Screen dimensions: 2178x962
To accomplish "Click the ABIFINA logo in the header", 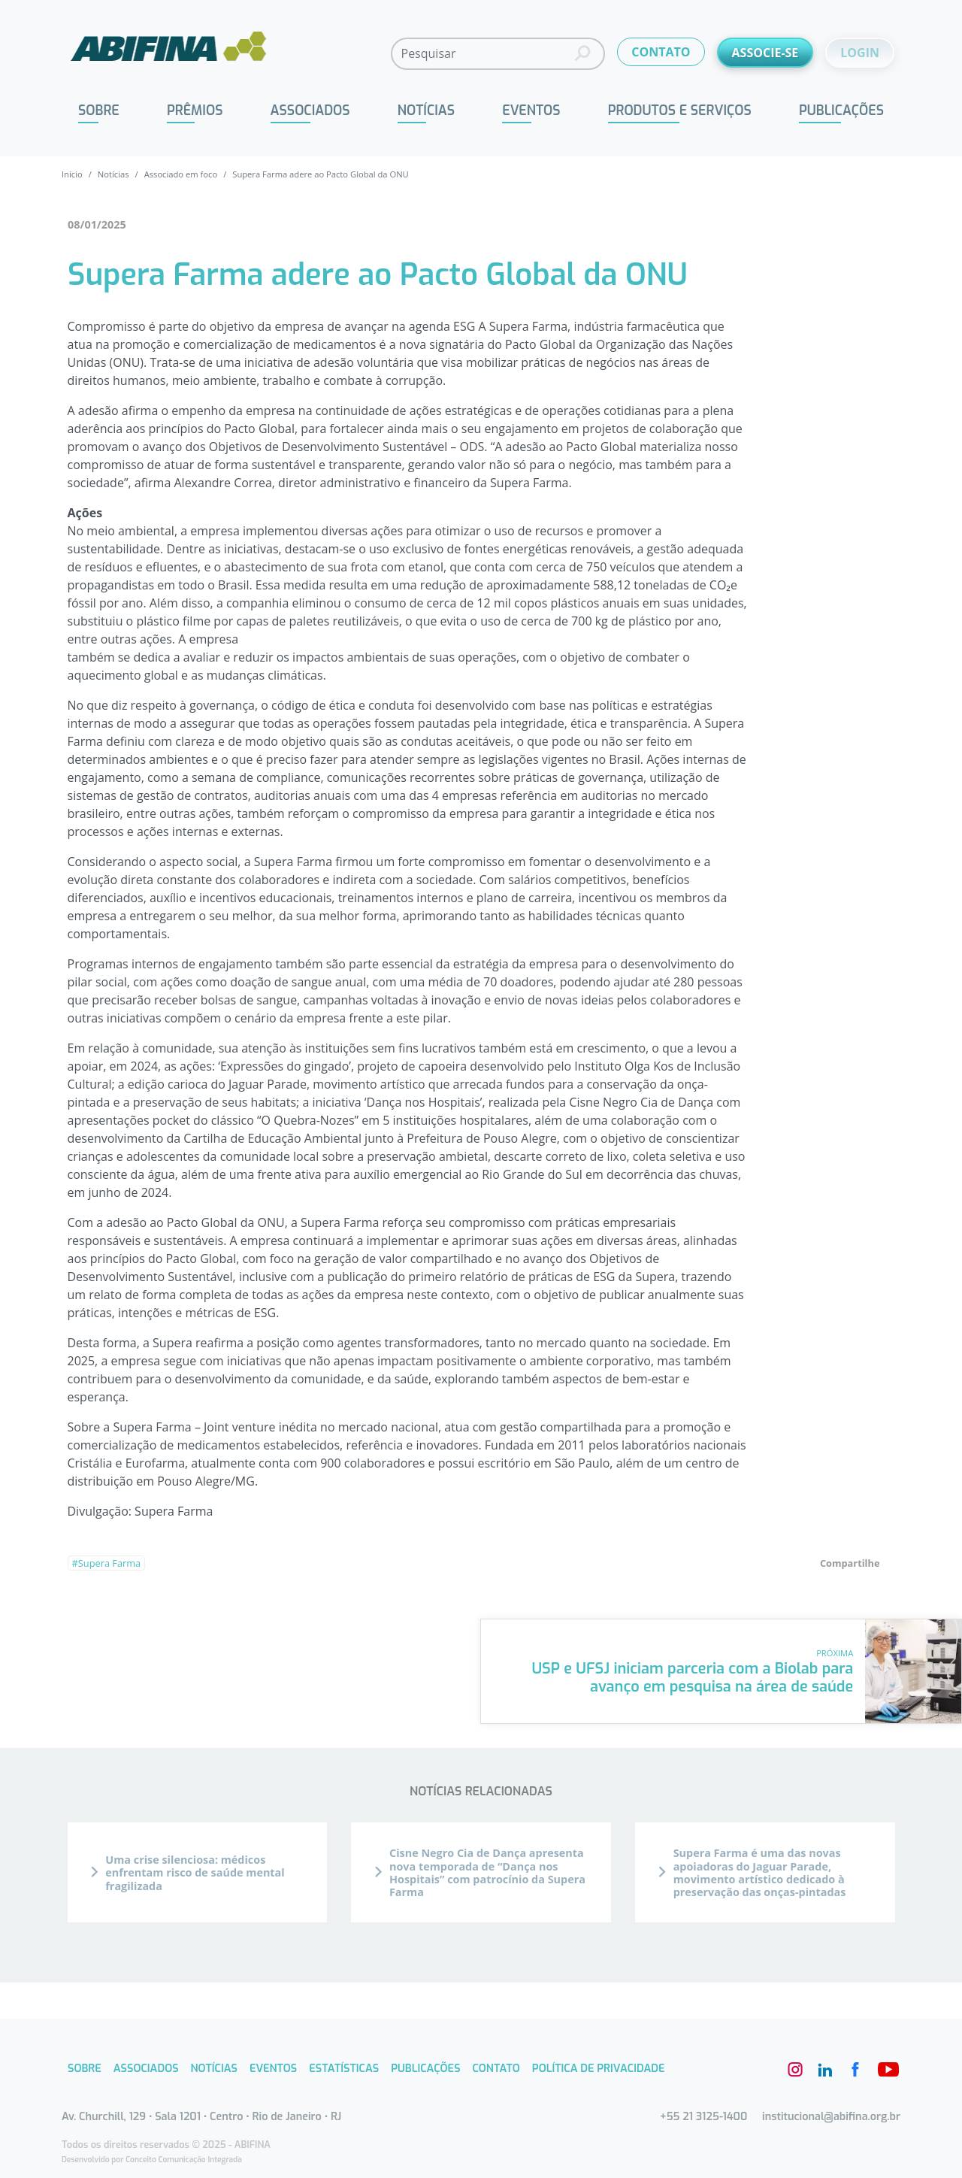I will pos(168,48).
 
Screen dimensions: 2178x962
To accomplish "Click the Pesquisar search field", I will pos(482,53).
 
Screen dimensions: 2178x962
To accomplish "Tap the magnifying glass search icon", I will pos(582,53).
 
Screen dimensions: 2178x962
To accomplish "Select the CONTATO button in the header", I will pos(660,52).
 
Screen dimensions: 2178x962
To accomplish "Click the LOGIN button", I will pos(859,53).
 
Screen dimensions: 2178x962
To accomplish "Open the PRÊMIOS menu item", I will pos(195,110).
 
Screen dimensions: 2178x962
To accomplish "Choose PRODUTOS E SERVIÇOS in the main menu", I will pos(679,110).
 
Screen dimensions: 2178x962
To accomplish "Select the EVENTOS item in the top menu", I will pos(531,110).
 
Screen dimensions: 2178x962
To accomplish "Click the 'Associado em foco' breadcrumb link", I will pos(180,174).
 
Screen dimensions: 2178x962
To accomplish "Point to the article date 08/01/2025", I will pos(96,225).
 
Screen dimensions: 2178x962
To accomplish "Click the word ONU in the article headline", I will pos(656,274).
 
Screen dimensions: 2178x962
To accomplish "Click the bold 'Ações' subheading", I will pos(84,513).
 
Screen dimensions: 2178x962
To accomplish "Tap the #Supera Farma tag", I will pos(107,1563).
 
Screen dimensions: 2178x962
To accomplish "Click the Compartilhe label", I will pos(849,1563).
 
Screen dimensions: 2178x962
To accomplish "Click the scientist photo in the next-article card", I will pos(912,1671).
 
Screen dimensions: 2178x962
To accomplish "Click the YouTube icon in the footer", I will pos(888,2069).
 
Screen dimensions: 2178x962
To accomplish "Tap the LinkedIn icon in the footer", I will pos(825,2069).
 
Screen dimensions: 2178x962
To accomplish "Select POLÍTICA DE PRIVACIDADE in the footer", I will pos(597,2068).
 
